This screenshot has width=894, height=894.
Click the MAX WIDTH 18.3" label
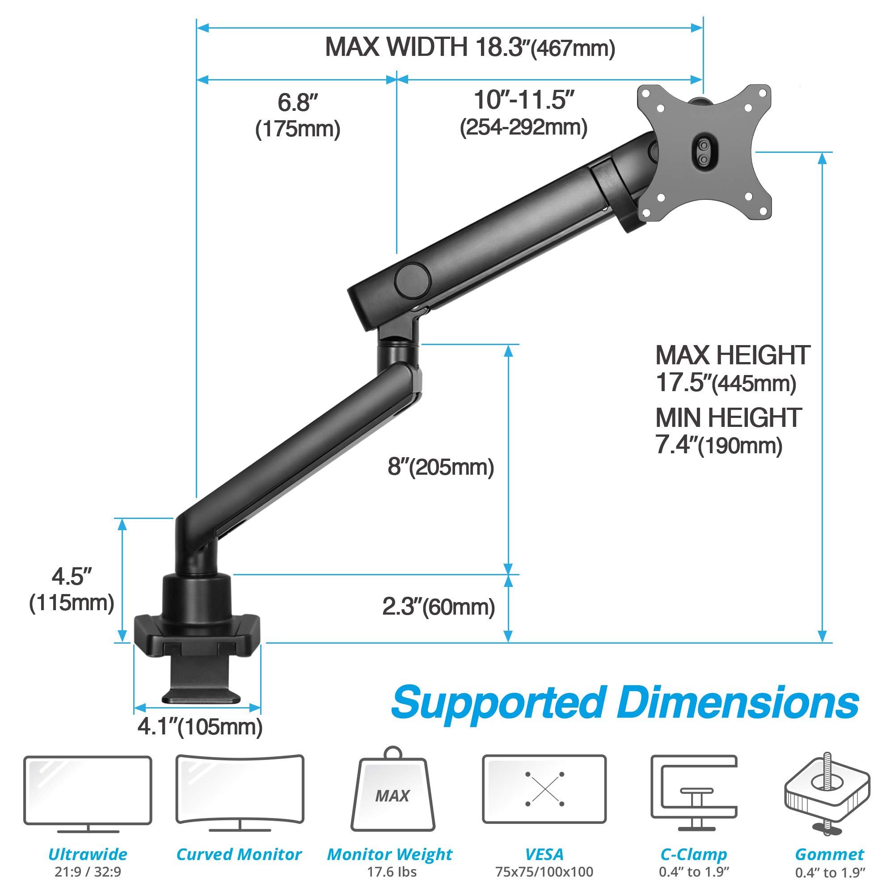(470, 48)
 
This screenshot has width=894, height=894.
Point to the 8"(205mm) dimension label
(441, 468)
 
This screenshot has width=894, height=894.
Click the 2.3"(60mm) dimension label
(438, 607)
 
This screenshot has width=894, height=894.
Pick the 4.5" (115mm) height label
(72, 590)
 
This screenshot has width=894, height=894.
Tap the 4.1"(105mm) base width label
(200, 727)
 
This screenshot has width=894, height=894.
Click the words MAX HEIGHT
(733, 355)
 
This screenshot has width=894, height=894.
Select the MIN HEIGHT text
(728, 418)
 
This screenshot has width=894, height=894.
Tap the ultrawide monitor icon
(88, 792)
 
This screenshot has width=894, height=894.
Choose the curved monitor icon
(240, 792)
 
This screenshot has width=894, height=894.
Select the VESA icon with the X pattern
(544, 789)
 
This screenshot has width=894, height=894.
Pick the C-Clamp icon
(694, 792)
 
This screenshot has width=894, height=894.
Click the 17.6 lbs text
(392, 872)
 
